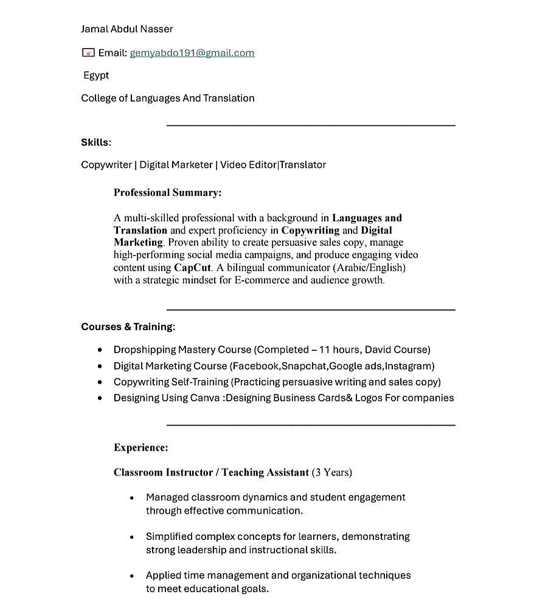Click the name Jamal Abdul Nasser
(x=126, y=29)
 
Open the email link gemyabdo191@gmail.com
(x=192, y=53)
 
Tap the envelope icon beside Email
(x=88, y=53)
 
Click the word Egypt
(x=96, y=75)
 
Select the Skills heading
(x=95, y=142)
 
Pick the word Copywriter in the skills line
(x=106, y=165)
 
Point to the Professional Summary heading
(x=167, y=193)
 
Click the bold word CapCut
(x=192, y=268)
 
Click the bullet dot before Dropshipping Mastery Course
(x=100, y=350)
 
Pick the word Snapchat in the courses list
(x=304, y=366)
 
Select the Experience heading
(x=140, y=448)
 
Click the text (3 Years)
(x=331, y=472)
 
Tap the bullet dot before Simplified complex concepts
(x=132, y=537)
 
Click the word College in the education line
(x=98, y=98)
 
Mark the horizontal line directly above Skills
(x=311, y=125)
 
